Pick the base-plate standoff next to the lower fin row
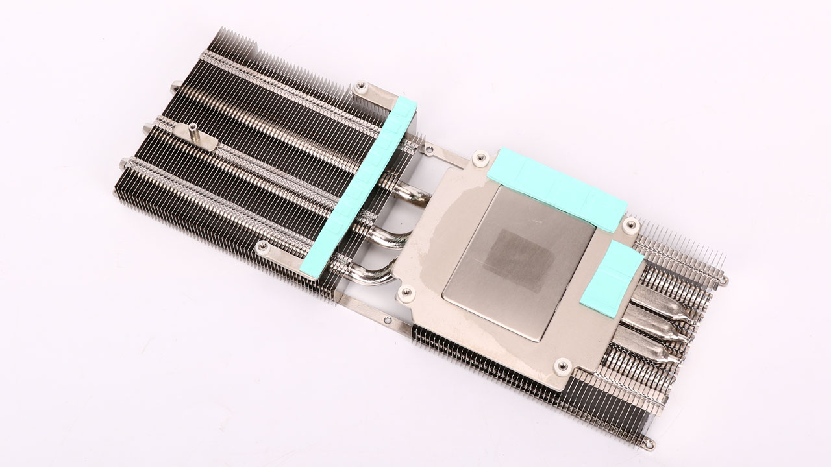coord(562,367)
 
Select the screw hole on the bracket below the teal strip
coord(263,247)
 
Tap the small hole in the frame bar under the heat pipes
coord(386,318)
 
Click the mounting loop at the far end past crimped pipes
coord(725,281)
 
